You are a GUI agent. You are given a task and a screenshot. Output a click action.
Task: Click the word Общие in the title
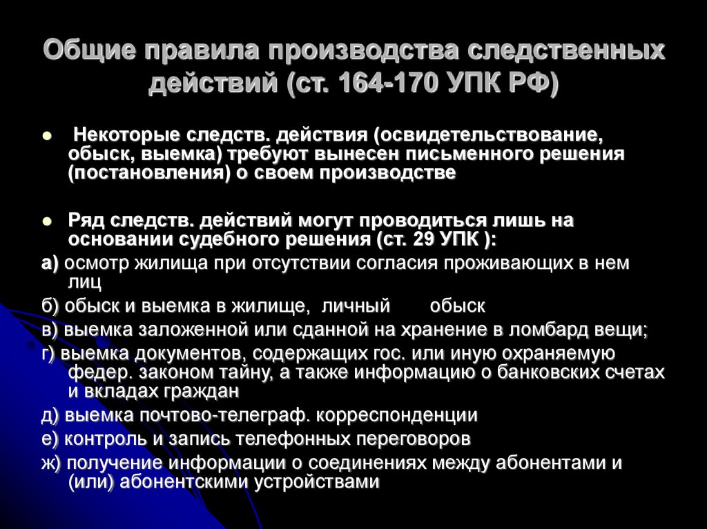(89, 52)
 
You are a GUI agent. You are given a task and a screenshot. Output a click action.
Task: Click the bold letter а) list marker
(50, 263)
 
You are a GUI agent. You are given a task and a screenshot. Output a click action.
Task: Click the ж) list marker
(52, 463)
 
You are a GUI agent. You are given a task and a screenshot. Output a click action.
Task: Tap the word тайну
(271, 373)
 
